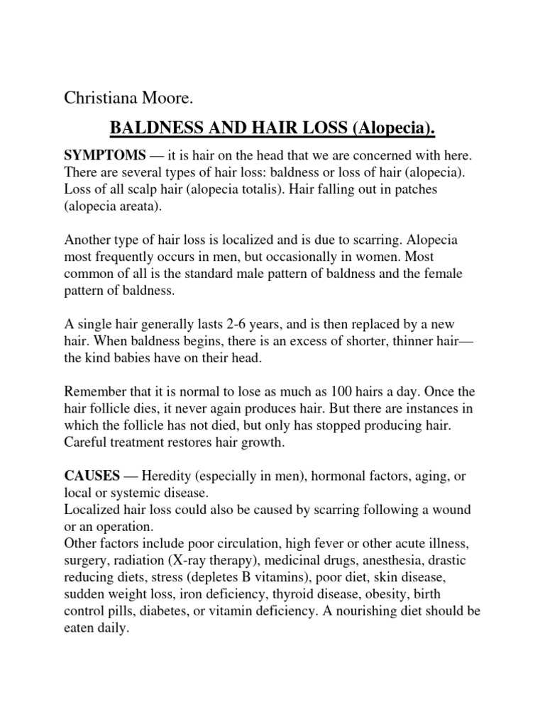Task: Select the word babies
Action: tap(138, 359)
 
